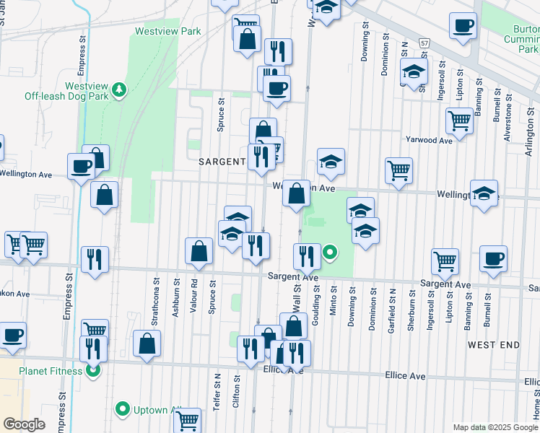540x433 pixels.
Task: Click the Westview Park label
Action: click(167, 32)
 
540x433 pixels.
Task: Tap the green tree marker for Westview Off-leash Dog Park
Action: click(118, 90)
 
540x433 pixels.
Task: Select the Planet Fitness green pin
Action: click(93, 372)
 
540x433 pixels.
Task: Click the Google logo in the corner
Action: click(24, 424)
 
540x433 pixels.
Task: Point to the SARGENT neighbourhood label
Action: click(222, 162)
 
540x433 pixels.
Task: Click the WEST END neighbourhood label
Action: click(493, 345)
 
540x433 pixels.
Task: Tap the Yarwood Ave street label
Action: click(428, 140)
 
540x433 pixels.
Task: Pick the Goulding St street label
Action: click(315, 302)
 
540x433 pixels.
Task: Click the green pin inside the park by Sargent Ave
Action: click(330, 253)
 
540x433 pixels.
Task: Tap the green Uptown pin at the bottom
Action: click(122, 410)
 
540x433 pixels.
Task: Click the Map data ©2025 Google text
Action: click(495, 427)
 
